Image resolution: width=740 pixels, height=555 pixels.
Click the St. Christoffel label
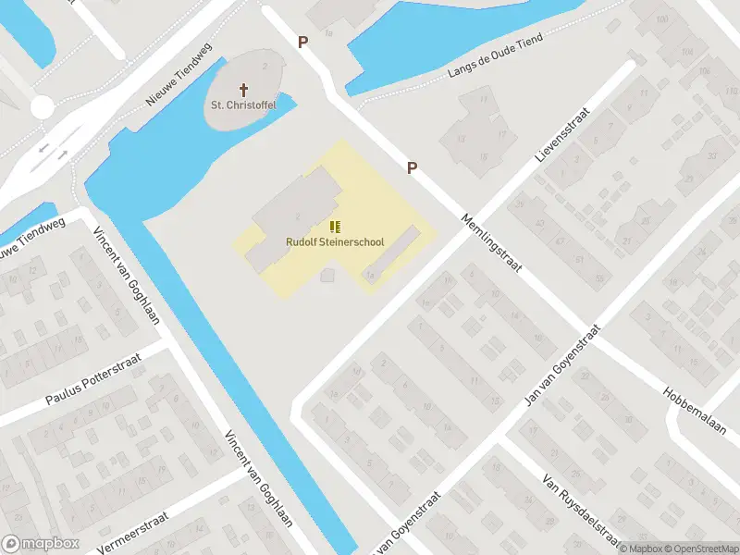(x=244, y=105)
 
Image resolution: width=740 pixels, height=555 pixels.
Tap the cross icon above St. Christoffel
(x=244, y=90)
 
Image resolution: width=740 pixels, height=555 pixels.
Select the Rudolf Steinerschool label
(x=334, y=242)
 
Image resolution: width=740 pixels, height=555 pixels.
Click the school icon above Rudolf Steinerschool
(x=335, y=227)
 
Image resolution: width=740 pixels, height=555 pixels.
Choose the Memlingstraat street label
(x=492, y=244)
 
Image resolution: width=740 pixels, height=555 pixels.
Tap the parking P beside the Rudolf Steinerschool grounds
(x=413, y=168)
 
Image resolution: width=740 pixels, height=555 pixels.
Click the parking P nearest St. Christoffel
(x=302, y=42)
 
